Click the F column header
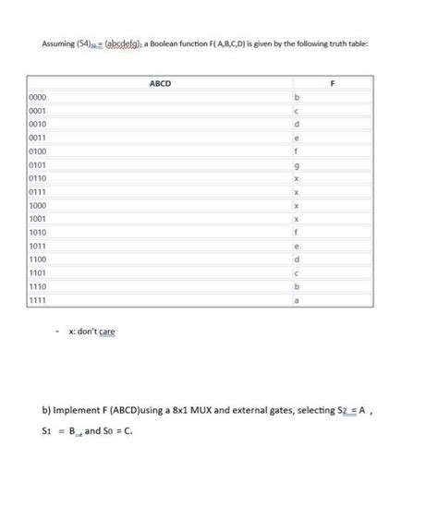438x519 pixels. pyautogui.click(x=334, y=83)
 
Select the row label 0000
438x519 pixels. pyautogui.click(x=39, y=98)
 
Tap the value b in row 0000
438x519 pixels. pyautogui.click(x=297, y=98)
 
